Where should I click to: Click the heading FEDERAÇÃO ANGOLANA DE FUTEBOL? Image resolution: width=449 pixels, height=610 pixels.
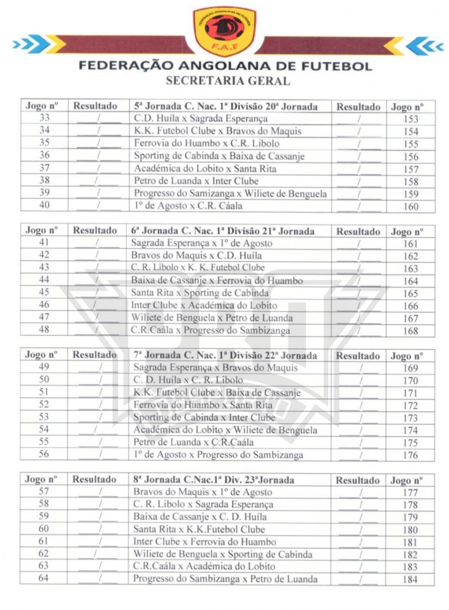coord(225,66)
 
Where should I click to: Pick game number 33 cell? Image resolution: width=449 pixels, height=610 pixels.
coord(45,119)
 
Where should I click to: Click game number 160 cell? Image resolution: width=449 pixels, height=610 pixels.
coord(411,207)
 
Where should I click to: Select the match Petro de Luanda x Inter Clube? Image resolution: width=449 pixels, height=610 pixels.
coord(196,181)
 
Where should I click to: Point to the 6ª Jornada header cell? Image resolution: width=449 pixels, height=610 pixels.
coord(222,231)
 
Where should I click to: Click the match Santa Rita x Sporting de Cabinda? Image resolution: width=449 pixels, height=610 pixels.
coord(200,292)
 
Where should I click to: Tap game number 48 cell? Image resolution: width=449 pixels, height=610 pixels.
coord(44,329)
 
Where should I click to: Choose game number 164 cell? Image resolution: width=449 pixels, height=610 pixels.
coord(411,281)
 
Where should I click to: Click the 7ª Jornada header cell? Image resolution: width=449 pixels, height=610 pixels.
coord(225,356)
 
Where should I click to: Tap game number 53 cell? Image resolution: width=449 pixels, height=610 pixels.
coord(44,417)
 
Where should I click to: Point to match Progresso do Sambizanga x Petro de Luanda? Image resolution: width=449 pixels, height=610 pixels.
coord(225,578)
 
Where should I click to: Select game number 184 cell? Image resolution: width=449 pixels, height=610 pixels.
coord(411,580)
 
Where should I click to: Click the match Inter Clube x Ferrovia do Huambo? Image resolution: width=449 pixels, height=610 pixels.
coord(205,541)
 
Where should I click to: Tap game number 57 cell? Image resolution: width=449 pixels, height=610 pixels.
coord(44,491)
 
